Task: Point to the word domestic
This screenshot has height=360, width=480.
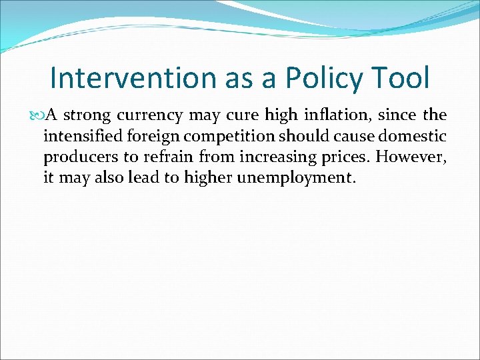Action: (415, 137)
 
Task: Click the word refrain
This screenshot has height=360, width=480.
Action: (160, 157)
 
